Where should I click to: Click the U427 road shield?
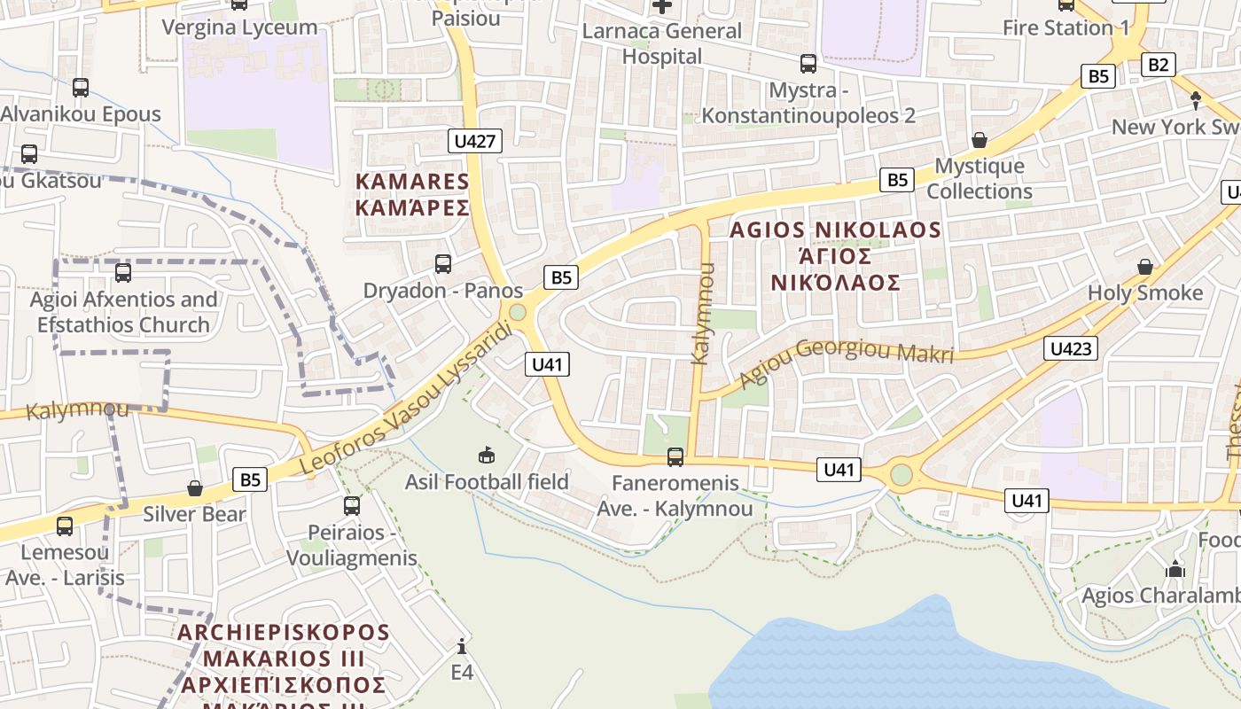(x=476, y=141)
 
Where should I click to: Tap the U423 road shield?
(x=1070, y=348)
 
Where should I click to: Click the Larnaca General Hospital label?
(x=661, y=43)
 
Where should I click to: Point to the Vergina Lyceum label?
(x=239, y=27)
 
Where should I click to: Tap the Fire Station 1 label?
(x=1065, y=27)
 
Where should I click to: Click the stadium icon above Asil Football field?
(x=486, y=456)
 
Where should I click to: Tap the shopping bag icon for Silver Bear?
(x=195, y=488)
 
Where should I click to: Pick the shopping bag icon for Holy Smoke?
(x=1145, y=267)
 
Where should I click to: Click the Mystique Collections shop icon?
(x=980, y=140)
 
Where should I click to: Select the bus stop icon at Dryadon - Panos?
(x=443, y=264)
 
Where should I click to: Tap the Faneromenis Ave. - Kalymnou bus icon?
(x=675, y=457)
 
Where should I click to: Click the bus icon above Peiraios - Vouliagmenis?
(x=352, y=506)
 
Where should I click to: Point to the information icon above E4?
(x=462, y=646)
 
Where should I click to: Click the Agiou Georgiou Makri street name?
(x=846, y=358)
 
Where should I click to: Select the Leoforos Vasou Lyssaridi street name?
(x=407, y=400)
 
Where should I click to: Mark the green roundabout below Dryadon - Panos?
(x=518, y=313)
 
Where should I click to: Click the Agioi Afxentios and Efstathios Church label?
(x=124, y=312)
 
